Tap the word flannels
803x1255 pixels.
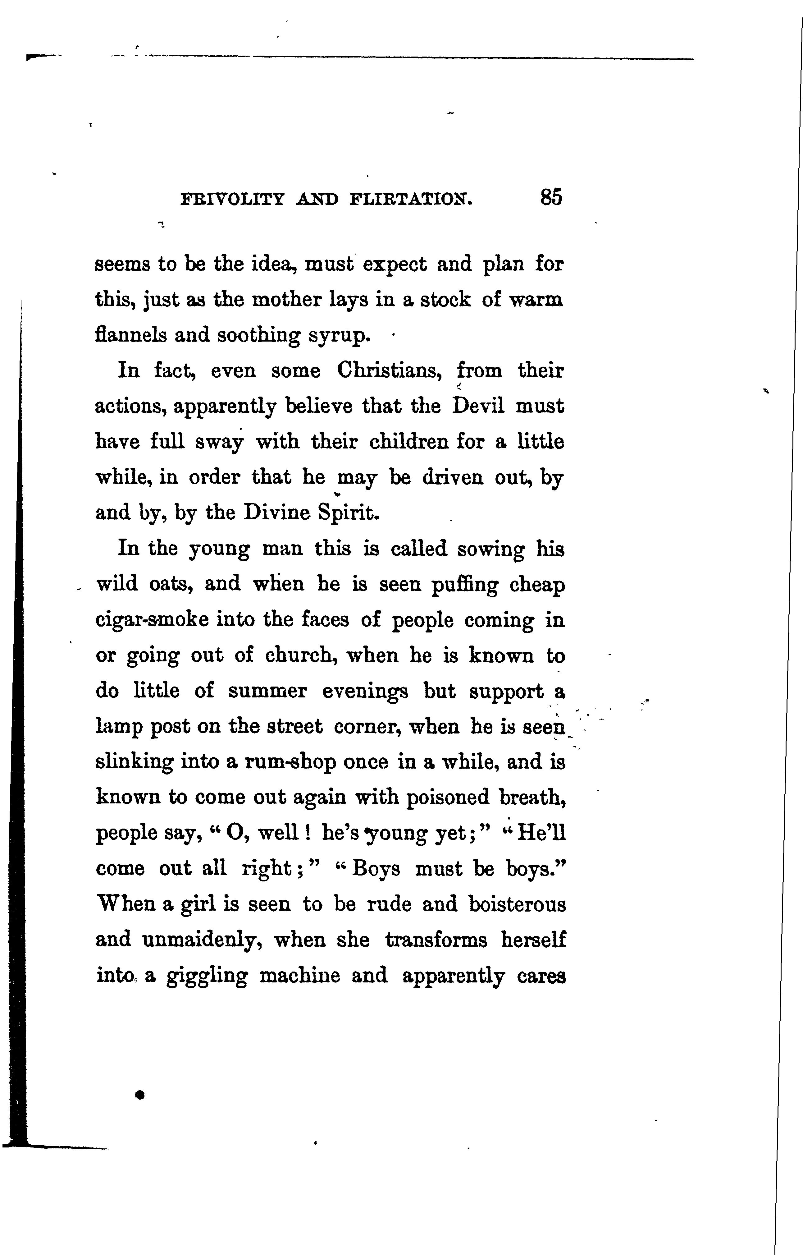[x=131, y=334]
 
